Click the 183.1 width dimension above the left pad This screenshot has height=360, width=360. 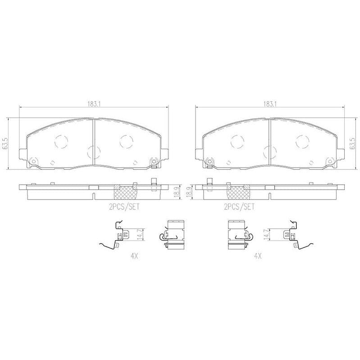[94, 104]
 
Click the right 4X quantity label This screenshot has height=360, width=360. [258, 255]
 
